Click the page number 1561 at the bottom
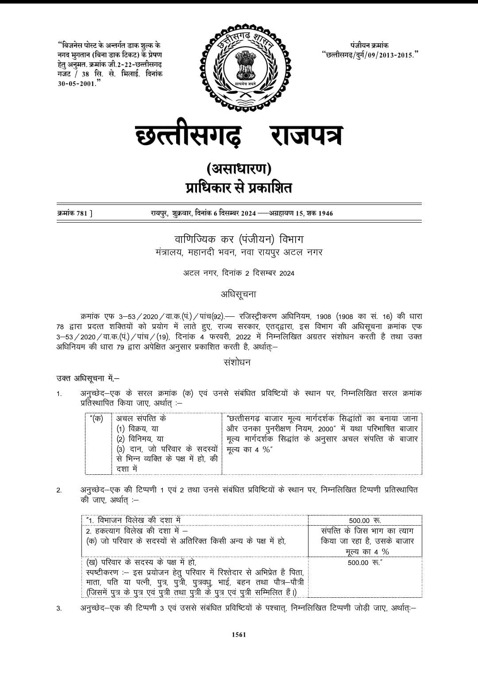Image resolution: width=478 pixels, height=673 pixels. click(239, 635)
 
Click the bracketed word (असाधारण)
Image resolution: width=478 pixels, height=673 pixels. click(239, 169)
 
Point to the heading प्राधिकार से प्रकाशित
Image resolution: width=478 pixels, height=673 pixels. click(239, 188)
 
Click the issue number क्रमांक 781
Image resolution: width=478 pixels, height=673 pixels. click(75, 213)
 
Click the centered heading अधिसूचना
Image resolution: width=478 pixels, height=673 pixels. click(239, 294)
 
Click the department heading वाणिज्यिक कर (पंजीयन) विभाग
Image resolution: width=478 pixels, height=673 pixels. click(238, 239)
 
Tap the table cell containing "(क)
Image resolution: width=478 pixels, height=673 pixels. click(96, 418)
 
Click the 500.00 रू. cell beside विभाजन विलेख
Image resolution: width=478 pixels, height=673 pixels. click(365, 520)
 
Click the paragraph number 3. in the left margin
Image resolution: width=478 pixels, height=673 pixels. click(59, 609)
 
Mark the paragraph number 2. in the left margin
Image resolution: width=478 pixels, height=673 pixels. click(59, 490)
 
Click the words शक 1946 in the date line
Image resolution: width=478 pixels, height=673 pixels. click(320, 213)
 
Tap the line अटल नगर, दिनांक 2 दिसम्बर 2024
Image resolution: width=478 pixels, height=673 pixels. click(239, 273)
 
